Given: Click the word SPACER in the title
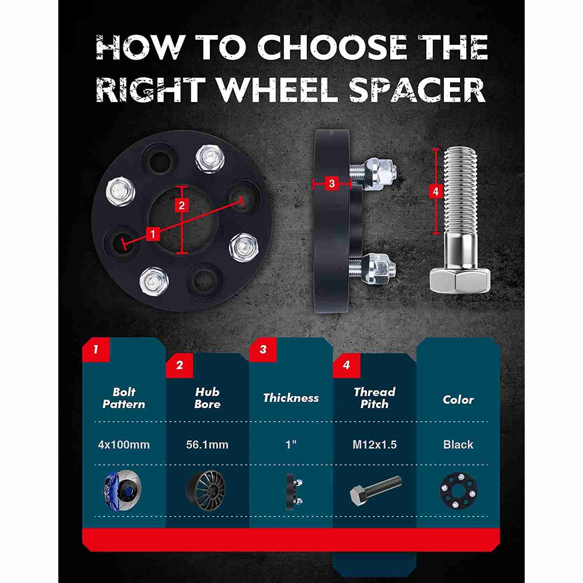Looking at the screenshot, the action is [417, 90].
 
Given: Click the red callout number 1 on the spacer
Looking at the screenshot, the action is [153, 234].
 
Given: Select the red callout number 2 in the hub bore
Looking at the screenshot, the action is [182, 205].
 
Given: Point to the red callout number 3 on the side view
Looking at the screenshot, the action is [332, 183].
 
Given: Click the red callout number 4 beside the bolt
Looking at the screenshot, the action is [435, 191].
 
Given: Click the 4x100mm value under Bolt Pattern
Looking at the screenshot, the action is [124, 445].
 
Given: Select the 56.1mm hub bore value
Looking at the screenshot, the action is [207, 445].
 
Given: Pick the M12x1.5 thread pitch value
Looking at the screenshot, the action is [374, 445].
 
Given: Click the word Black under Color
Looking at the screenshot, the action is [458, 445].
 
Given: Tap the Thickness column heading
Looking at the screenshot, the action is [291, 398].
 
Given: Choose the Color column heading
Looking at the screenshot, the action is [458, 400].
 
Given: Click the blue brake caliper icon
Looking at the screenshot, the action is [122, 490].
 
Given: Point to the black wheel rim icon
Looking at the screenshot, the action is [206, 490].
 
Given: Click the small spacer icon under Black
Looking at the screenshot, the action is [459, 490].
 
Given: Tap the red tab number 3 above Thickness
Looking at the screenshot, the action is [263, 349].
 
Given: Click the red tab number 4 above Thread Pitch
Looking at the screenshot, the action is [346, 365].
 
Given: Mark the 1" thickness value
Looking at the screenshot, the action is [291, 444].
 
